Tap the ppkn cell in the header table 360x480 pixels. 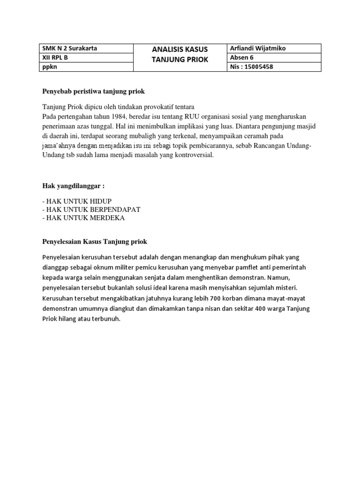(x=49, y=67)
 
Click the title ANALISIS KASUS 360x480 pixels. (x=180, y=50)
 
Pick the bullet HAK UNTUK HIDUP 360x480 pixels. (x=77, y=201)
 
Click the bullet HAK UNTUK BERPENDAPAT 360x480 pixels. (x=91, y=210)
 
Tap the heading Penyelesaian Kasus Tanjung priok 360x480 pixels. (x=95, y=241)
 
